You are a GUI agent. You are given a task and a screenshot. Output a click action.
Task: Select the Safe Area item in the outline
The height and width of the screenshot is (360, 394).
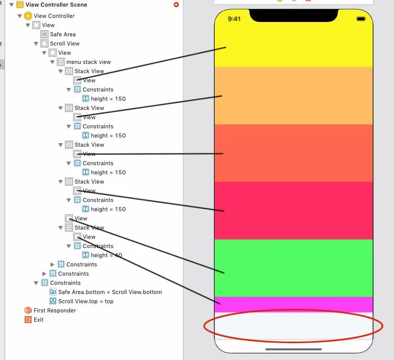[62, 34]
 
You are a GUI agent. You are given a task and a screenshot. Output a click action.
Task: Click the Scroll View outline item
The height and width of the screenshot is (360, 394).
[64, 43]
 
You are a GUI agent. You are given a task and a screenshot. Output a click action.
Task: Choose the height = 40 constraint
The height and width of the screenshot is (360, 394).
[106, 255]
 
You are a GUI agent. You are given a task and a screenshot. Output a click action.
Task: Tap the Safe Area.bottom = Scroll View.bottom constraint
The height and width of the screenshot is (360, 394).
[110, 292]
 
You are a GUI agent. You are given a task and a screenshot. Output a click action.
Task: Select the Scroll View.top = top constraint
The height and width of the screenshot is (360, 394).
[85, 301]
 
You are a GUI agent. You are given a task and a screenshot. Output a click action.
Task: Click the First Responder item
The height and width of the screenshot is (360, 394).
[55, 310]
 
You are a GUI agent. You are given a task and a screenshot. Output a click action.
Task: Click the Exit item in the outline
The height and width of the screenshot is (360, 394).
[38, 320]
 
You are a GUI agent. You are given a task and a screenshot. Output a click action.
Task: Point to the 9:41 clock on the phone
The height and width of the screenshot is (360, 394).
[234, 19]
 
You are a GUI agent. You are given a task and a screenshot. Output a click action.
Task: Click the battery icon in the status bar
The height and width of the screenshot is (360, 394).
[361, 19]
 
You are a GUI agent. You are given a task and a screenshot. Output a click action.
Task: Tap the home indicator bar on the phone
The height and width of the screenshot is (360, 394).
[293, 349]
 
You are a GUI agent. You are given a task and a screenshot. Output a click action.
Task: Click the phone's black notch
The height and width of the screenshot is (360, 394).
[293, 16]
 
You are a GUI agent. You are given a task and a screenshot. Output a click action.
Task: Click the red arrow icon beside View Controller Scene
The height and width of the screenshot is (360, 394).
[176, 5]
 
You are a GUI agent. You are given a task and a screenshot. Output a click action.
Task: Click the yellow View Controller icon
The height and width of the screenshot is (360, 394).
[28, 16]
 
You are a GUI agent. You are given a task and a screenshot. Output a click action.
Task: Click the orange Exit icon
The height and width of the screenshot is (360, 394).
[28, 320]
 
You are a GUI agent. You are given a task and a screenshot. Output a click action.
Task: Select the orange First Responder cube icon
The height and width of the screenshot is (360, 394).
[28, 310]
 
